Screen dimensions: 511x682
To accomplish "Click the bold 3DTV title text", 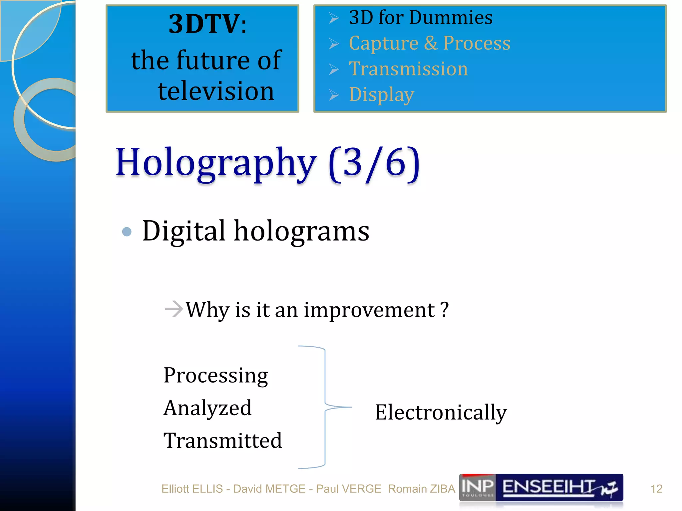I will coord(207,24).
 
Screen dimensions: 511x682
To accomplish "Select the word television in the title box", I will coord(216,91).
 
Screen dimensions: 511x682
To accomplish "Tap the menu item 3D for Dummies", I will coord(420,17).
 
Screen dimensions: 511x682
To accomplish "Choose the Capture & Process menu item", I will coord(429,43).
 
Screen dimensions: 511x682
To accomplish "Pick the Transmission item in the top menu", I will coord(408,69).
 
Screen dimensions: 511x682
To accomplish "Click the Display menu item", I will coord(381,95).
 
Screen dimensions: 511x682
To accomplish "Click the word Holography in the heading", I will coord(216,163).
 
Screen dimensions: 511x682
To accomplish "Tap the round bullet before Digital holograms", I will coord(127,232).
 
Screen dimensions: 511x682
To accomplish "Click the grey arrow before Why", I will coord(174,309).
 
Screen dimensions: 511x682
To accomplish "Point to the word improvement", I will coord(369,310).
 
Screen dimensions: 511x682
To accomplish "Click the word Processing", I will coord(216,376).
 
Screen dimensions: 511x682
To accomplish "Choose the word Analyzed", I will coord(207,408).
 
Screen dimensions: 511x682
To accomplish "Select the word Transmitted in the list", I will coord(222,440).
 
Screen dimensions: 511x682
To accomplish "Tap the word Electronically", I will coord(441,413).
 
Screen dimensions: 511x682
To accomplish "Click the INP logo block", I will coord(477,487).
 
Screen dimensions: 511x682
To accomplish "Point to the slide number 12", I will coord(656,489).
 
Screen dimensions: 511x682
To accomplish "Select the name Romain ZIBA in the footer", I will coord(421,489).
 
